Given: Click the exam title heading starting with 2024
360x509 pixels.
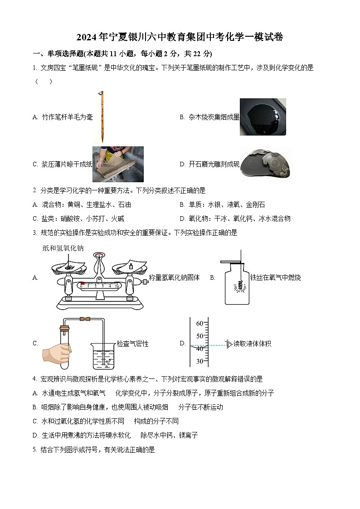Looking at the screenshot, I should coord(180,37).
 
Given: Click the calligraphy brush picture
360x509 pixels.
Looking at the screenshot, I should coord(102,117).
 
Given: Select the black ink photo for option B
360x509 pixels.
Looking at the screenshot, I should coord(263,117).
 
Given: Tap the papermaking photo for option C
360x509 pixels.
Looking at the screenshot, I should coord(118,164).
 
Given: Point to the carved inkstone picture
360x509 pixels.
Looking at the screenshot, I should coord(265,164).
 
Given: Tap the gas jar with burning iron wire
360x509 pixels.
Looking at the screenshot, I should coord(237,286).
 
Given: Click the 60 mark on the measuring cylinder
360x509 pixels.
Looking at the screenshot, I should coord(199,324).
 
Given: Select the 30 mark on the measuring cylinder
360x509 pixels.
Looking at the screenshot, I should coord(199,361).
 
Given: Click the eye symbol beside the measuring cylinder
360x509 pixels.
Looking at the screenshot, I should coord(229,344).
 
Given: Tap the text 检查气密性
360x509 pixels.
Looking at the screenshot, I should coord(132,344).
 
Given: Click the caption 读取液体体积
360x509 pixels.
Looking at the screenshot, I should coord(252,344).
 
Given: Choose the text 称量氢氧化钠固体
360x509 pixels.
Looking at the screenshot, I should coord(174,277).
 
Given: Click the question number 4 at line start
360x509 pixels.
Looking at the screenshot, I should coord(34,379).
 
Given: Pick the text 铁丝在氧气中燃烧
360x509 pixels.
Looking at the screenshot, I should coord(275,277).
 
